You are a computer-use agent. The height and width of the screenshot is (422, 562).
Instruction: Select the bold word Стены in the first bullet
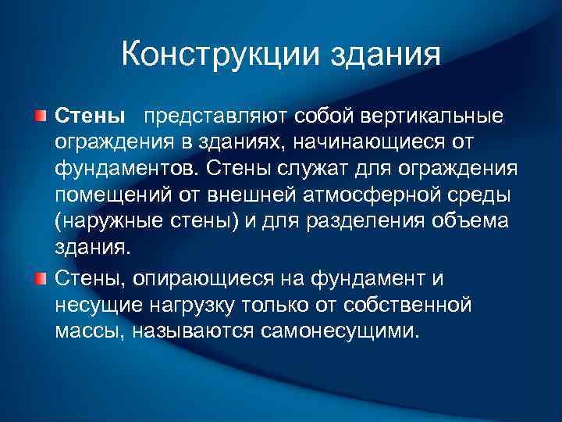91,116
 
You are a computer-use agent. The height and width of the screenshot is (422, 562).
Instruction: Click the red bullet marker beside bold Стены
40,116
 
